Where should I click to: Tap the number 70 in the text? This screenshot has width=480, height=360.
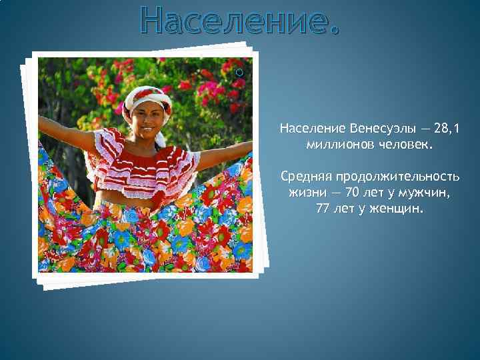[351, 193]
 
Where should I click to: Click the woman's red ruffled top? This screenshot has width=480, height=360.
[143, 163]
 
